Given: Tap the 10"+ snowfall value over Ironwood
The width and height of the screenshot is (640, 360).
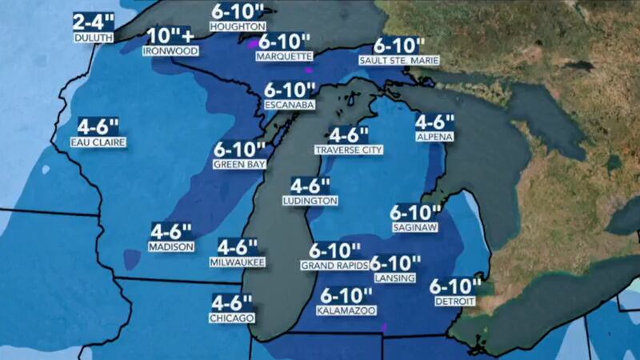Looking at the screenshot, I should [170, 36].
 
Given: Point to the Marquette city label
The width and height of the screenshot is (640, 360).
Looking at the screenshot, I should [284, 57].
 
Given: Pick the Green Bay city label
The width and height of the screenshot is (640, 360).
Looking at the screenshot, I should [239, 165].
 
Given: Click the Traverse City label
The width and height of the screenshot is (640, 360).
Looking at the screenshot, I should [349, 150].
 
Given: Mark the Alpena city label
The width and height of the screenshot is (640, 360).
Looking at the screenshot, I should [434, 138].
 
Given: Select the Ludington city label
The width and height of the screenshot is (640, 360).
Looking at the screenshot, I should [311, 201].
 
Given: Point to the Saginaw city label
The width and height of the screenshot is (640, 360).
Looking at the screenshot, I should [415, 228].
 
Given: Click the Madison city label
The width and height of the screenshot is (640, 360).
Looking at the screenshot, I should [171, 247].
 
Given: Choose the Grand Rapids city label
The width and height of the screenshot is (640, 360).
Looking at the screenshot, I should [334, 265].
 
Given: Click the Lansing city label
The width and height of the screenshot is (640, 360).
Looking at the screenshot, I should [394, 278].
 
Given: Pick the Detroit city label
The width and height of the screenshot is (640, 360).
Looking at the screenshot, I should [454, 301].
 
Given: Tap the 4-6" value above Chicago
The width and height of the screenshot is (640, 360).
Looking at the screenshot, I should [232, 302].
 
